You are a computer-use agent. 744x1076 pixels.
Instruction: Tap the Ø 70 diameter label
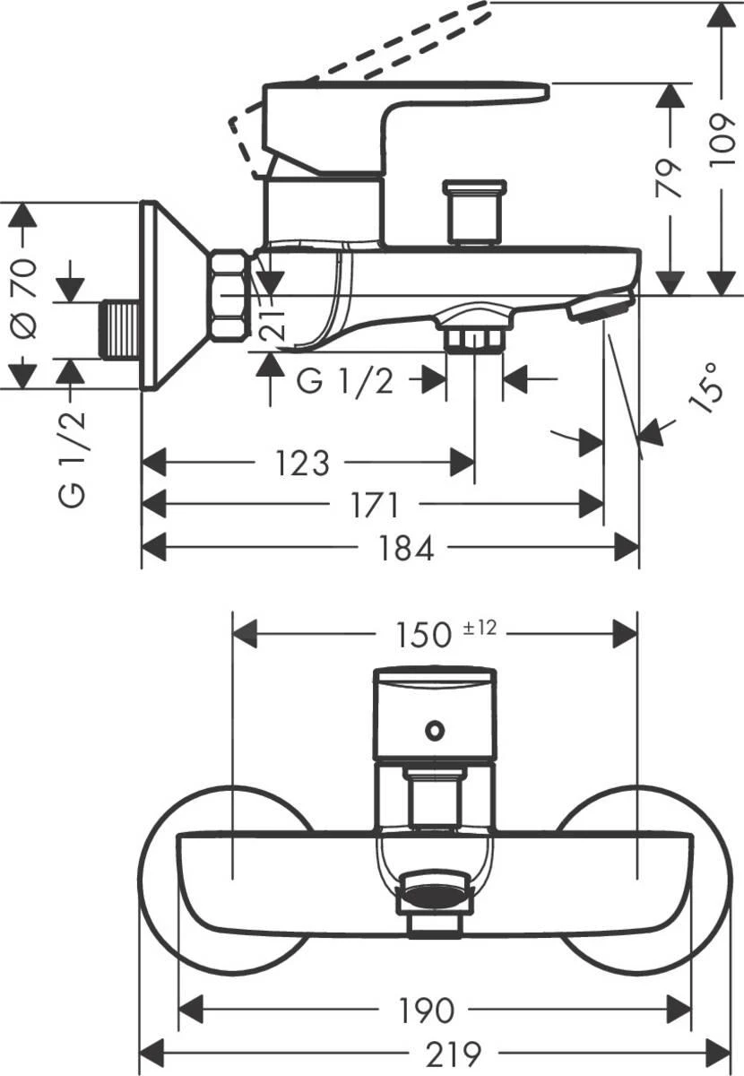pyautogui.click(x=24, y=297)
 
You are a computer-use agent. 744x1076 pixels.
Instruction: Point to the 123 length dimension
pyautogui.click(x=302, y=464)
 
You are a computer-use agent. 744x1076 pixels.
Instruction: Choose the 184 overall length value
pyautogui.click(x=406, y=548)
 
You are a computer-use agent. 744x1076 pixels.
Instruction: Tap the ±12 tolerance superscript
pyautogui.click(x=480, y=629)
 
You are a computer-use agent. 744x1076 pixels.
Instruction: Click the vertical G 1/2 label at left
pyautogui.click(x=73, y=457)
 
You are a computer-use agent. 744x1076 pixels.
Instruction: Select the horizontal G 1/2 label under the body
pyautogui.click(x=345, y=381)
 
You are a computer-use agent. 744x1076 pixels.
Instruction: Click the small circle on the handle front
pyautogui.click(x=435, y=730)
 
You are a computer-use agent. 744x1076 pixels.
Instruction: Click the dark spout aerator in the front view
pyautogui.click(x=435, y=893)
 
